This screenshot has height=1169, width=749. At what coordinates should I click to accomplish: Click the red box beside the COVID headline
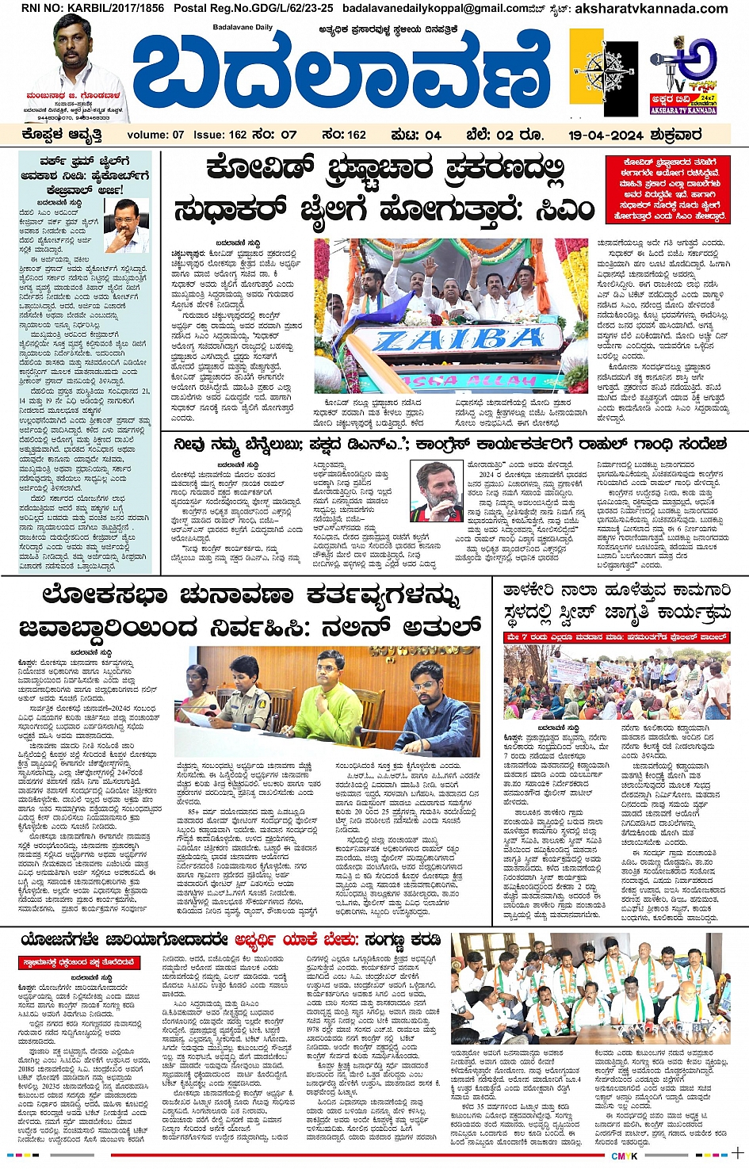pyautogui.click(x=667, y=189)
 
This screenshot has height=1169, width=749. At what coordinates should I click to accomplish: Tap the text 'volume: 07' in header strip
pyautogui.click(x=155, y=135)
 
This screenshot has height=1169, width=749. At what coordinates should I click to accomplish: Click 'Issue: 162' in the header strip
pyautogui.click(x=220, y=135)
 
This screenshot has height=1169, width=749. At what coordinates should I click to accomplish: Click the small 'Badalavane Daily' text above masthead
pyautogui.click(x=243, y=27)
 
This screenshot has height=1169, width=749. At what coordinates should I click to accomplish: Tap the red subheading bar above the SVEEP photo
pyautogui.click(x=616, y=636)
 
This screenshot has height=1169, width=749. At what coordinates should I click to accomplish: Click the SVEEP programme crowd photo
pyautogui.click(x=616, y=682)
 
